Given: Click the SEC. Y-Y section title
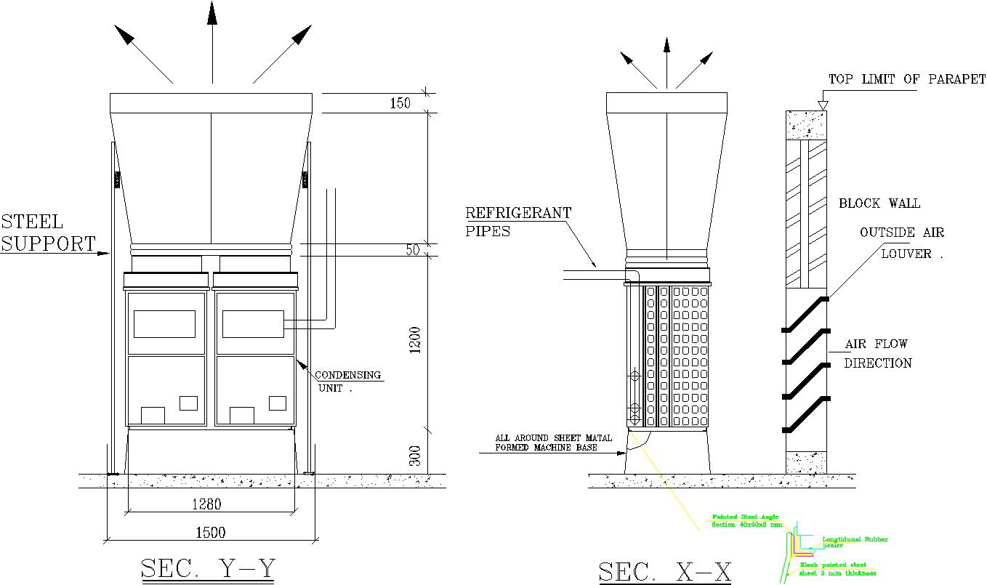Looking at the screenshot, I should pyautogui.click(x=209, y=568).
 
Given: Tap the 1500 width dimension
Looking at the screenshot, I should pyautogui.click(x=211, y=533).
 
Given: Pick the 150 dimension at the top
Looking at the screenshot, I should pyautogui.click(x=400, y=103).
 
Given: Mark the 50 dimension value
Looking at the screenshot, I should pyautogui.click(x=413, y=250).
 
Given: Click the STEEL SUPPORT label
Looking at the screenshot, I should pyautogui.click(x=47, y=233).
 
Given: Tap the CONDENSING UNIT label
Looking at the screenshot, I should pyautogui.click(x=347, y=382).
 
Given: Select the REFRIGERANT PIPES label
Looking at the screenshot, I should pyautogui.click(x=517, y=222).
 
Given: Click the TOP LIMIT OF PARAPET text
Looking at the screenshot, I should pyautogui.click(x=907, y=79).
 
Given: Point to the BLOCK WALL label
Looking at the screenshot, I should pyautogui.click(x=879, y=203).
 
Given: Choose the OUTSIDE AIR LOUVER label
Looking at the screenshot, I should pyautogui.click(x=902, y=243).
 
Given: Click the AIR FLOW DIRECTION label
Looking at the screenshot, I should pyautogui.click(x=877, y=353).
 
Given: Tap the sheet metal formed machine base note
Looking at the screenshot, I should pyautogui.click(x=553, y=443).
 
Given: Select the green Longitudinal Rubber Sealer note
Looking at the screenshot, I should pyautogui.click(x=854, y=541).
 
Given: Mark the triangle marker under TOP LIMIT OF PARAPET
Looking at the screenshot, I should pyautogui.click(x=822, y=105).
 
